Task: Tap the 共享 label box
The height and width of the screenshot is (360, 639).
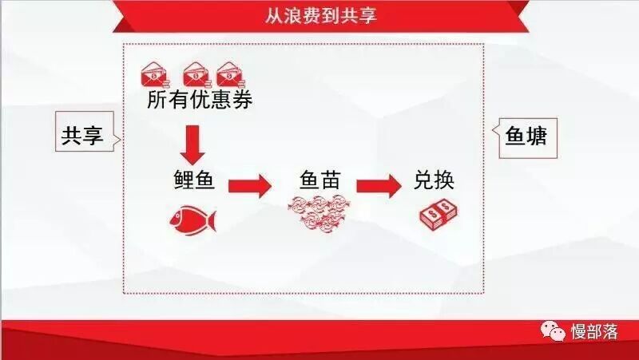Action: (x=83, y=136)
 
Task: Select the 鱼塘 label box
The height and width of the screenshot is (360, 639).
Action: (x=526, y=136)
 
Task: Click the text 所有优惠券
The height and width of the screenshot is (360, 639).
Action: (x=200, y=101)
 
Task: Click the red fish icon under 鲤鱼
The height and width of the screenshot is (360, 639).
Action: (x=192, y=217)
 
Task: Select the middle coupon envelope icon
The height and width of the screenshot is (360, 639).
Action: (x=196, y=73)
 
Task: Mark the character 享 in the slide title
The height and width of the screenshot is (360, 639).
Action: (x=367, y=15)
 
